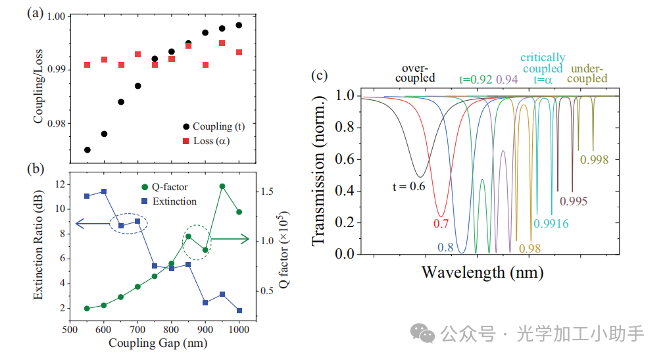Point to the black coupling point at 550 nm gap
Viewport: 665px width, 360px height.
(x=87, y=150)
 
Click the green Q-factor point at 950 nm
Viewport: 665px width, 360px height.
(x=222, y=186)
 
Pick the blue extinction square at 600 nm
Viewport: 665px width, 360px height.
(x=104, y=192)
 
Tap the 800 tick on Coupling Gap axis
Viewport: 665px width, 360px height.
(x=172, y=329)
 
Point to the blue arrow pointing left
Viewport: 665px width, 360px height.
(x=92, y=224)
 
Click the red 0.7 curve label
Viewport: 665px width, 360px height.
(x=440, y=224)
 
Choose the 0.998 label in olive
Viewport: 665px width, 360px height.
(x=593, y=159)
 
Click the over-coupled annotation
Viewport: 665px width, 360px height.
(x=418, y=73)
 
